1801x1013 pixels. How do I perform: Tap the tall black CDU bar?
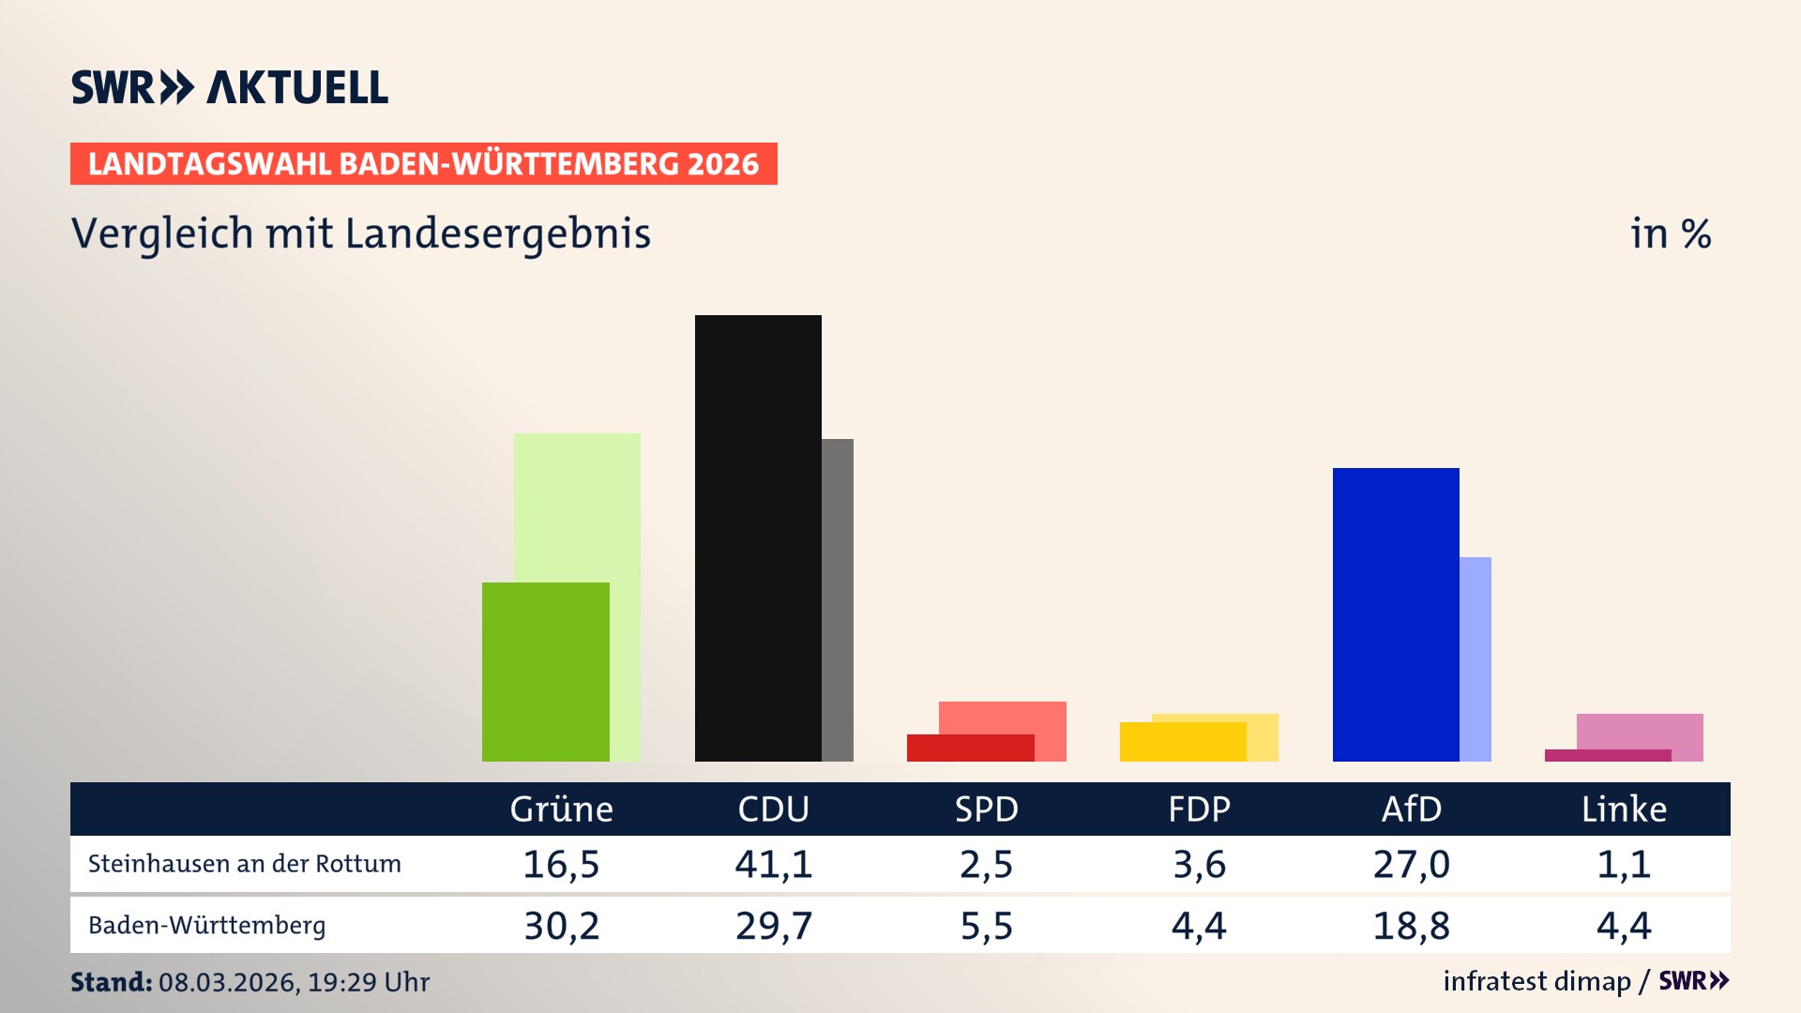point(758,537)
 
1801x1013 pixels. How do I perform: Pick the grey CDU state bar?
point(838,600)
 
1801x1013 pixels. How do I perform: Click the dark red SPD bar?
point(970,748)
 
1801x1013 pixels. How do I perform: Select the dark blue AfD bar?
point(1395,614)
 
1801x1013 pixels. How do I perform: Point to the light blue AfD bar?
point(1476,658)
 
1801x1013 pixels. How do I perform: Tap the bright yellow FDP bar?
point(1182,742)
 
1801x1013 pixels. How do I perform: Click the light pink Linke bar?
point(1640,731)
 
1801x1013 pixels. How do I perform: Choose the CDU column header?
point(773,809)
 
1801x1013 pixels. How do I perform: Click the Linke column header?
point(1624,809)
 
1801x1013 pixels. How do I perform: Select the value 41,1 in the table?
point(773,864)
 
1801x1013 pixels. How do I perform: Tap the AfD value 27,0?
point(1411,864)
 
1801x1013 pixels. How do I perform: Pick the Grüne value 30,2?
point(561,926)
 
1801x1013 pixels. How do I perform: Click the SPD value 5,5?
point(986,926)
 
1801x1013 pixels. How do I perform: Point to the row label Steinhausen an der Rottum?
point(244,864)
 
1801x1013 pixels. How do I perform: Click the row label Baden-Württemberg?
point(206,926)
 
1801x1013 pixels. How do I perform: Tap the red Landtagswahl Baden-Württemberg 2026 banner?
point(423,164)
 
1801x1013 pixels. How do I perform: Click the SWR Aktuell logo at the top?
point(230,87)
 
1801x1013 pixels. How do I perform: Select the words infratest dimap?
point(1536,981)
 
